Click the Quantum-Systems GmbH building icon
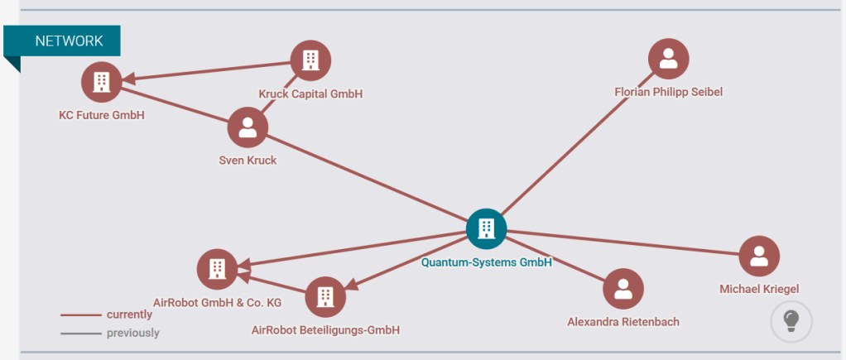[486, 228]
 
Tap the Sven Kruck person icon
[248, 127]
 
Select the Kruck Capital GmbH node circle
[310, 60]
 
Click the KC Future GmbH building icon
[102, 81]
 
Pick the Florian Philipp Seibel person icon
[669, 59]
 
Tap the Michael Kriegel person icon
[758, 257]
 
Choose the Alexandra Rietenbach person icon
[623, 289]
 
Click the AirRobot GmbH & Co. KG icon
[217, 268]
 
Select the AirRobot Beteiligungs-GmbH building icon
[325, 296]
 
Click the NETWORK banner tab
[68, 41]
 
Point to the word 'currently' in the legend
[129, 314]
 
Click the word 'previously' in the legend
[132, 333]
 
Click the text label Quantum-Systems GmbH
[486, 262]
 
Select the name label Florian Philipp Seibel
[669, 92]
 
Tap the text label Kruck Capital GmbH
[310, 94]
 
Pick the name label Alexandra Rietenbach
[623, 321]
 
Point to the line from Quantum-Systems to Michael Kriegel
[621, 242]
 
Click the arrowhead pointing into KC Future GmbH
[129, 79]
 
